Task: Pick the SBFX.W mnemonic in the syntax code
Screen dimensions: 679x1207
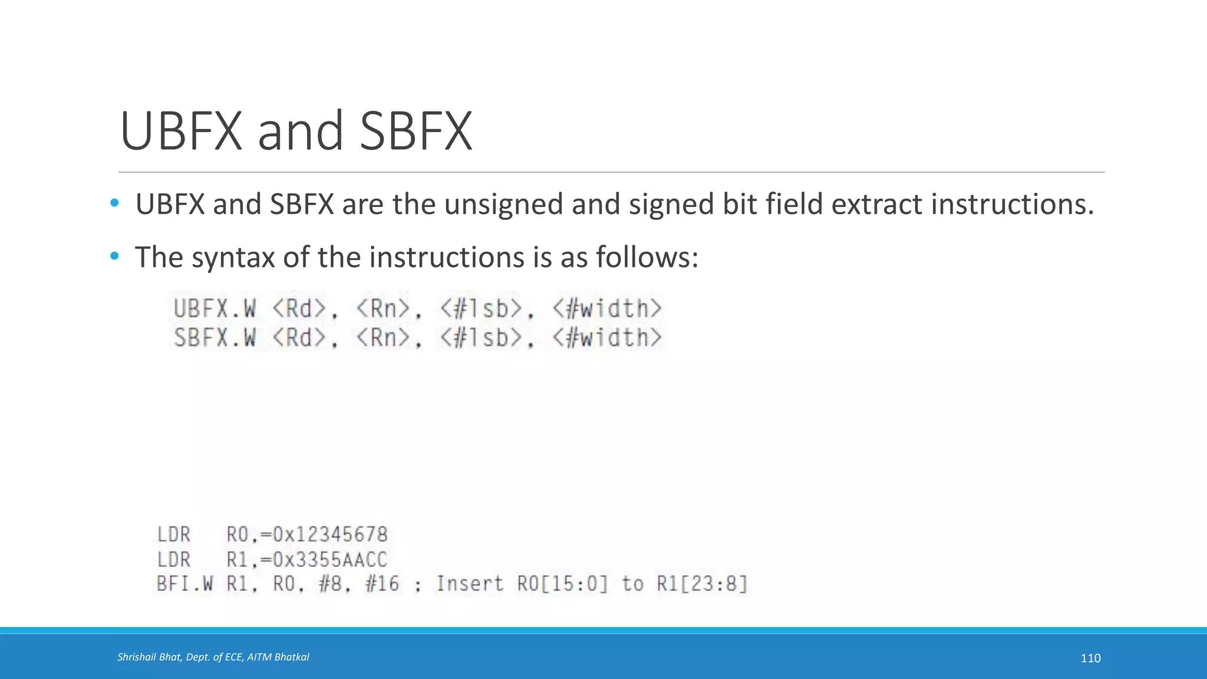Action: tap(215, 338)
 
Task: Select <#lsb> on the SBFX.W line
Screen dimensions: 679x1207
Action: tap(482, 338)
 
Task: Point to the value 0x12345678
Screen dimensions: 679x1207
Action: tap(330, 535)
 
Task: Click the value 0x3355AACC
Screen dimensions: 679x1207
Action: tap(330, 559)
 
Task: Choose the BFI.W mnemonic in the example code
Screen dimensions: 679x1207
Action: tap(184, 584)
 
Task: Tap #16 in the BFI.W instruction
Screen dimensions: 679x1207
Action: tap(382, 584)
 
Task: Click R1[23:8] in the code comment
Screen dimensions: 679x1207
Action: tap(702, 584)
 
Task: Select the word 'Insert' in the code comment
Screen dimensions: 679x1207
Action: tap(470, 584)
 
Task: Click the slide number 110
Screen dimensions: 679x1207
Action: tap(1090, 658)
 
